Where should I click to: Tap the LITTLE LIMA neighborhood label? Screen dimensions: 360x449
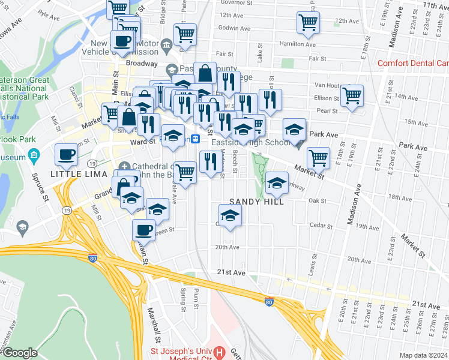click(x=74, y=173)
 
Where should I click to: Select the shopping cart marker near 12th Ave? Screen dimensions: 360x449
click(x=308, y=23)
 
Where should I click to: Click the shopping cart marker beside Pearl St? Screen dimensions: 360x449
click(x=352, y=95)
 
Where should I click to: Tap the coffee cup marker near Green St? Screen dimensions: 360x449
click(x=144, y=229)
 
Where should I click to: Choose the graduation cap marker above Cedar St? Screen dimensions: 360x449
click(x=230, y=215)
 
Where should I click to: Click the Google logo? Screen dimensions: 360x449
click(x=20, y=353)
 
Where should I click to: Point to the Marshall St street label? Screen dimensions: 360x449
click(x=152, y=323)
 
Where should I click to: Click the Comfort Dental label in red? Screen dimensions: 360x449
click(x=414, y=63)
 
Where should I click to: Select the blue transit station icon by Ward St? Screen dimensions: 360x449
click(x=195, y=139)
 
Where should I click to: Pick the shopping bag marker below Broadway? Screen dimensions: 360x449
click(x=205, y=73)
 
